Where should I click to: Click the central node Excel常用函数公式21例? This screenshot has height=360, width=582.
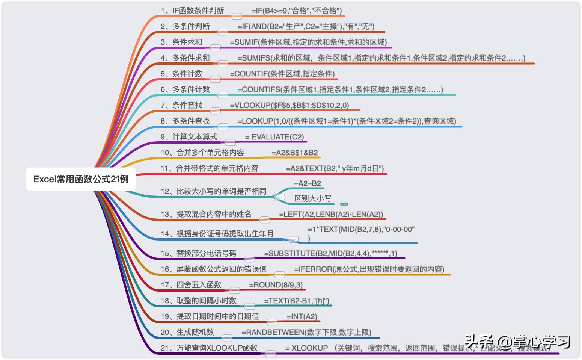[x=81, y=179]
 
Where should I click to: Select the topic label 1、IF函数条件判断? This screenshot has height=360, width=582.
[x=192, y=11]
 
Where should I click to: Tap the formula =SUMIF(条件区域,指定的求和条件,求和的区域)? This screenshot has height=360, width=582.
[x=308, y=42]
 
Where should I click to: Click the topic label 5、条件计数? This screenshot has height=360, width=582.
[x=181, y=74]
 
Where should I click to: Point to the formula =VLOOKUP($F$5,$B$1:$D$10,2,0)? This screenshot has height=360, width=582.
[x=289, y=106]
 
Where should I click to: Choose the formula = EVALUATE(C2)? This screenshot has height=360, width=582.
[x=274, y=137]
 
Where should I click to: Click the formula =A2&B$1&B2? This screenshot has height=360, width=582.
[x=295, y=153]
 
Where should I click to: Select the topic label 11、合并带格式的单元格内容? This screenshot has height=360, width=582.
[x=210, y=169]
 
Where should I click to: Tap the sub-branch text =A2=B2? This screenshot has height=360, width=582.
[x=308, y=184]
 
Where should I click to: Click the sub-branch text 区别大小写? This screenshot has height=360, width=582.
[x=312, y=199]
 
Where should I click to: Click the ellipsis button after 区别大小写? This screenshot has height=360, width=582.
[x=344, y=204]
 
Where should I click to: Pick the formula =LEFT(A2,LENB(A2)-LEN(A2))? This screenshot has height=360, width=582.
[x=331, y=215]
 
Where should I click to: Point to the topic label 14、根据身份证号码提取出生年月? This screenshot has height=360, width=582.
[x=217, y=234]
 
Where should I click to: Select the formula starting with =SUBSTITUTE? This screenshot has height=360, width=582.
[x=330, y=254]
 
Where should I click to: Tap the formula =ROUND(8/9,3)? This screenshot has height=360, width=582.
[x=276, y=285]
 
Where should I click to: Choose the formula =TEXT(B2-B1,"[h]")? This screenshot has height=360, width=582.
[x=297, y=301]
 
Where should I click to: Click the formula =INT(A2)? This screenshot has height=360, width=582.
[x=302, y=317]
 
